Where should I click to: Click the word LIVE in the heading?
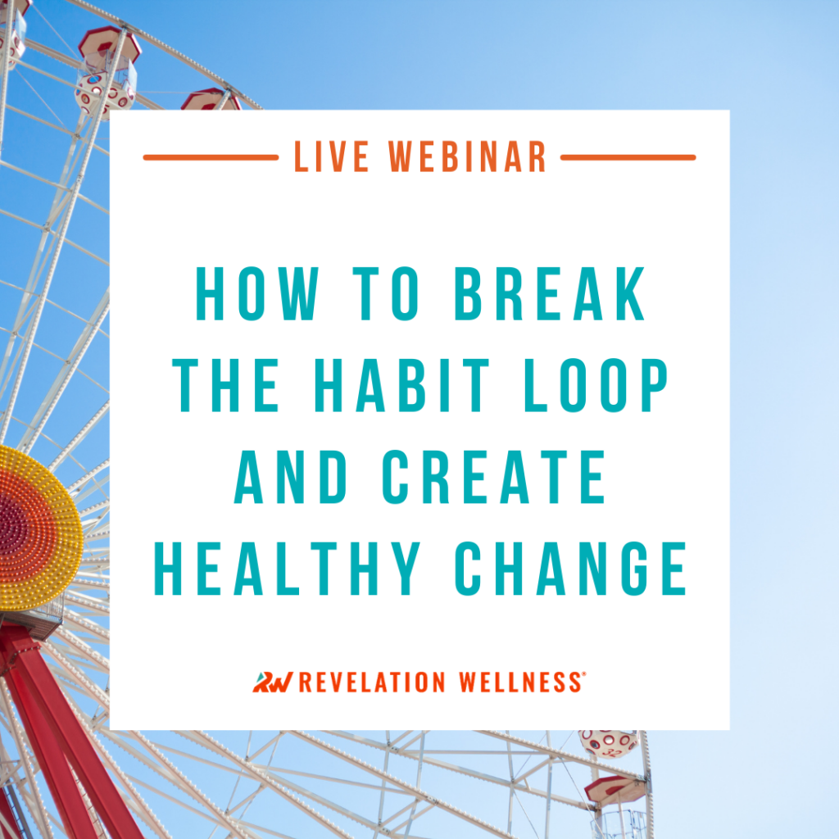[331, 156]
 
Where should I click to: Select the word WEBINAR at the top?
[466, 156]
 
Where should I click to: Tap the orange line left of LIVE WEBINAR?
[211, 157]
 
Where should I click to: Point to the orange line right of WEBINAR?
[628, 157]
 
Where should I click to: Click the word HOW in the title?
[256, 294]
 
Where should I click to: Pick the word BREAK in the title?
[550, 294]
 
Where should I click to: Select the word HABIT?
[401, 385]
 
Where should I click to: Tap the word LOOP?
[596, 385]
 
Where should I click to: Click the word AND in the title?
[291, 477]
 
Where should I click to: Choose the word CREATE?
[494, 477]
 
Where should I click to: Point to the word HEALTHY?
[287, 569]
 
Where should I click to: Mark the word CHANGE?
[570, 569]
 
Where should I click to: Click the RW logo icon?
[273, 683]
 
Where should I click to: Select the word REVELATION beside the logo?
[372, 683]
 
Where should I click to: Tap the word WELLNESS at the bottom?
[520, 683]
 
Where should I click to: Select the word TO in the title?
[385, 294]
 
